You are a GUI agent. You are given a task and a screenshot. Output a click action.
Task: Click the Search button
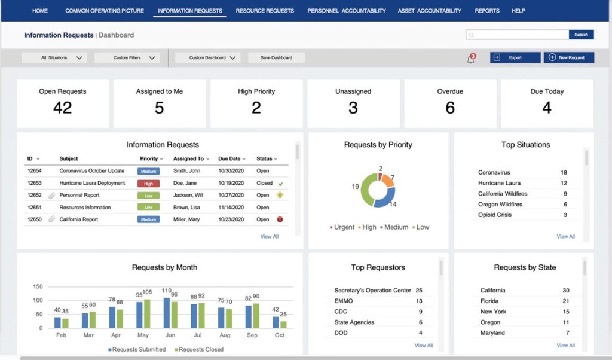click(581, 35)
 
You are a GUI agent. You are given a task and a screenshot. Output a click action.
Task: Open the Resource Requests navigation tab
click(265, 11)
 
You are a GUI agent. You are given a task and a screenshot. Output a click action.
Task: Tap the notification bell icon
click(471, 59)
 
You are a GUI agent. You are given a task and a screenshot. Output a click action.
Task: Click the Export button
click(515, 58)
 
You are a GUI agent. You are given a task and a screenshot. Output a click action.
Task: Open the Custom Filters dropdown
click(127, 58)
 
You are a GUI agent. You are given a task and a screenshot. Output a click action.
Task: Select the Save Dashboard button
click(276, 58)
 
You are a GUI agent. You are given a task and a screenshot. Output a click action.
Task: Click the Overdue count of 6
click(450, 108)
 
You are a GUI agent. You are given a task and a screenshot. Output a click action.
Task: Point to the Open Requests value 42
click(62, 108)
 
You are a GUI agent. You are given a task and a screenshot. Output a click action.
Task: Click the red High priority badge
click(148, 183)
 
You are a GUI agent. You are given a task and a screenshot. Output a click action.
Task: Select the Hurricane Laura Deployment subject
click(92, 183)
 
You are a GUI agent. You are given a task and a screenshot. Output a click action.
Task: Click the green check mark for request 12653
click(280, 184)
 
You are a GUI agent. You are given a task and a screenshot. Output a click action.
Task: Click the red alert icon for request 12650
click(280, 219)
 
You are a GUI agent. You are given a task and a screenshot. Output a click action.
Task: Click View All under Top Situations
click(565, 236)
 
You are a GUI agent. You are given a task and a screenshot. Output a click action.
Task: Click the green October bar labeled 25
click(283, 324)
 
